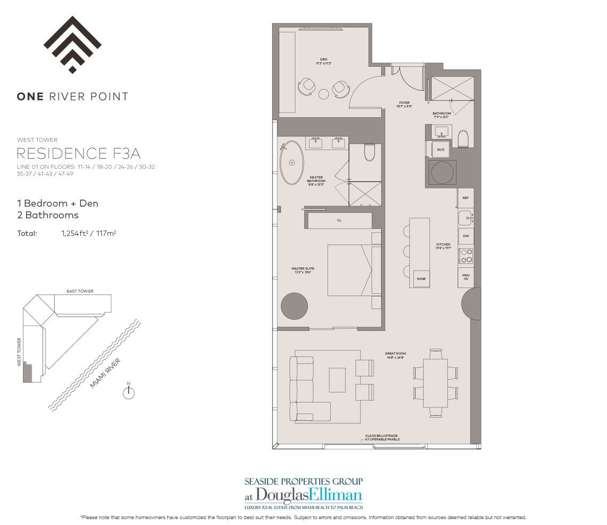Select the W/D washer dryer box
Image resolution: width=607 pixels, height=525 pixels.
click(440, 150)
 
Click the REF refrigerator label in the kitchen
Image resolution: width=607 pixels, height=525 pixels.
click(465, 198)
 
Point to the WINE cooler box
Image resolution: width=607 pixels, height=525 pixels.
click(421, 278)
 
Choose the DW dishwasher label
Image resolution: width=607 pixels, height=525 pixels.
click(465, 235)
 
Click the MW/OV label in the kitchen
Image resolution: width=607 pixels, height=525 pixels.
click(465, 277)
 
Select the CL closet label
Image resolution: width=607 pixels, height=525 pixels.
click(339, 220)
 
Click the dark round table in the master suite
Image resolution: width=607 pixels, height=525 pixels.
click(294, 306)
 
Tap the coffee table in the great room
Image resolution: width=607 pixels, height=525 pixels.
click(338, 380)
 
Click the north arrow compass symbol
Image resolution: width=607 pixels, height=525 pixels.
click(128, 392)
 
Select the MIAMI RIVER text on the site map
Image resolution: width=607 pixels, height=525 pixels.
click(105, 373)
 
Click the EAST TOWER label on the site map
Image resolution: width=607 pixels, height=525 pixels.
click(80, 291)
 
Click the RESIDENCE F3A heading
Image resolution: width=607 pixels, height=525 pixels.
click(79, 154)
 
